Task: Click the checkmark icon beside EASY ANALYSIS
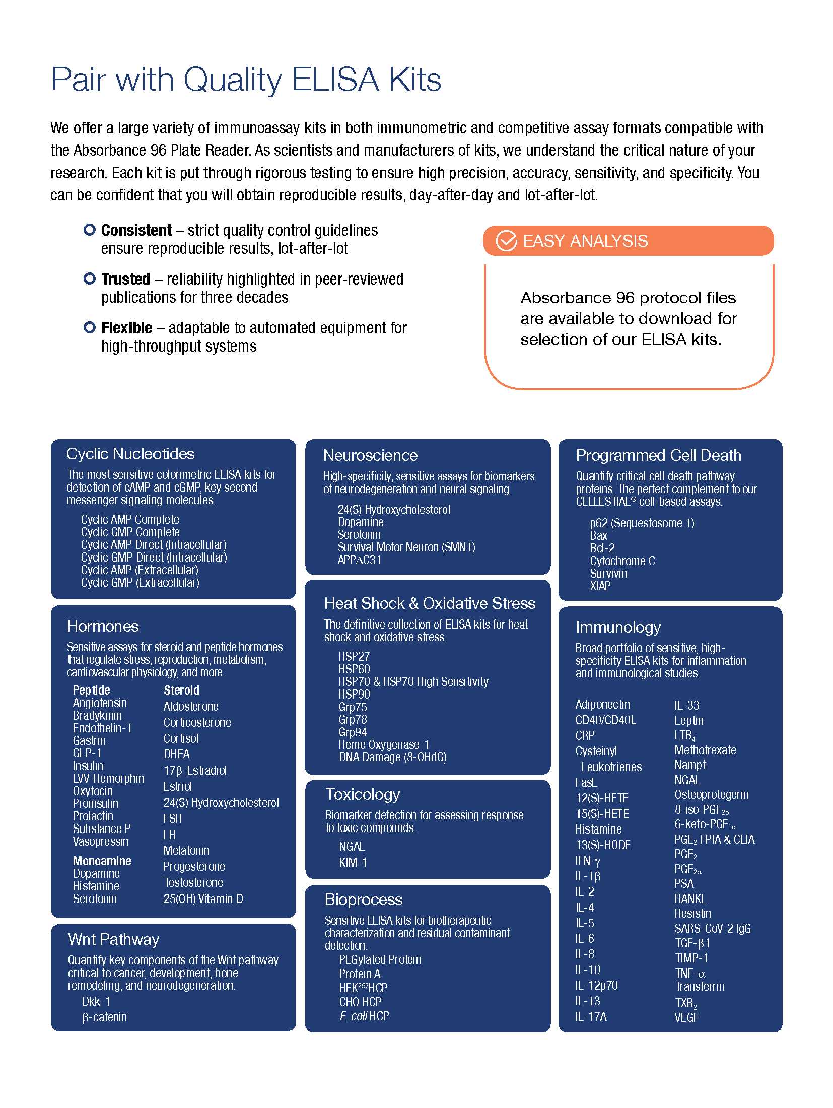coord(506,241)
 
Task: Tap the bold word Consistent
coord(136,231)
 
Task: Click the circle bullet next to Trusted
coord(90,278)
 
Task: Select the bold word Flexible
coord(126,328)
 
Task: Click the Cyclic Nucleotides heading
coord(130,454)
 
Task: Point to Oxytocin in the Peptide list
coord(93,791)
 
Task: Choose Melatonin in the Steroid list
coord(186,851)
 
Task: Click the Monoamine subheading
coord(102,861)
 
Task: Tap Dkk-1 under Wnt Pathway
coord(96,1002)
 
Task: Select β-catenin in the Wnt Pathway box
coord(104,1017)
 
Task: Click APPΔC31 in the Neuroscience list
coord(359,560)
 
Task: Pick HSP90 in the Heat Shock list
coord(354,695)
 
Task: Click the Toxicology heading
coord(363,794)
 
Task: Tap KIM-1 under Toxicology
coord(353,863)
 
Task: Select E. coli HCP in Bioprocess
coord(364,1016)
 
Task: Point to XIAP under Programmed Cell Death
coord(600,586)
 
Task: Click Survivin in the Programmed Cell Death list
coord(608,574)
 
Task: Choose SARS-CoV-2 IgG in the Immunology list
coord(713,929)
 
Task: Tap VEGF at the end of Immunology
coord(686,1017)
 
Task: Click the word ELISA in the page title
coord(335,80)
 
